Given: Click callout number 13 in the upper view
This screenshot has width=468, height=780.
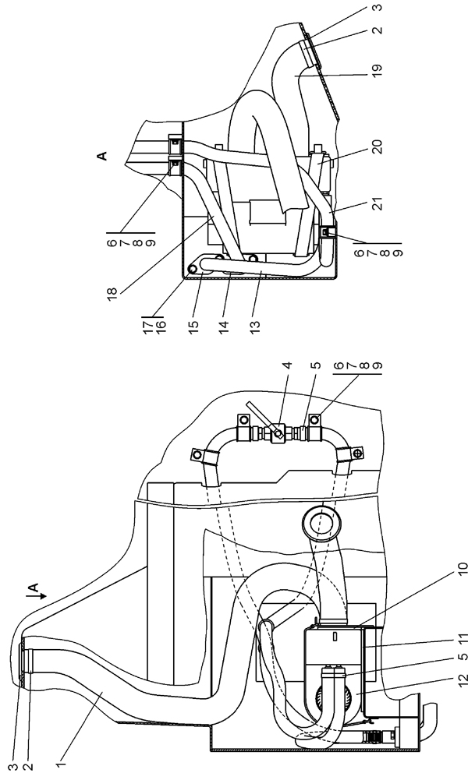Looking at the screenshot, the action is coord(255,328).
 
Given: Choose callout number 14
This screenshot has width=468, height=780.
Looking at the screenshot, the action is coord(224,328).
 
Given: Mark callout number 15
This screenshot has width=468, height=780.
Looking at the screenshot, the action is coord(193,328).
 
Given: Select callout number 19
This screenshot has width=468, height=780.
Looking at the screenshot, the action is coord(377,67).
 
